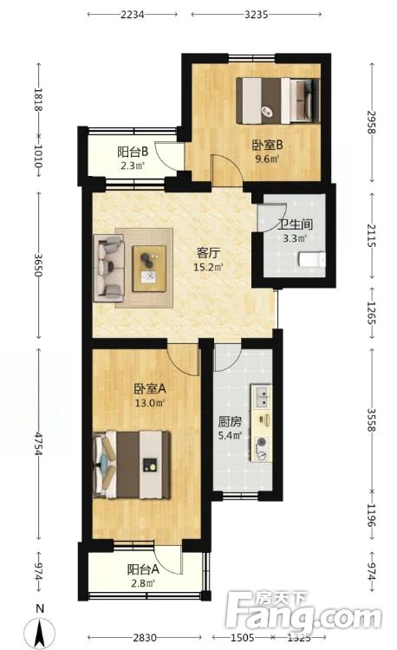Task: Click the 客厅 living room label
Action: [207, 253]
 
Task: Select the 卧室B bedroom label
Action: [264, 145]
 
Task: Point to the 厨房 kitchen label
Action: [230, 426]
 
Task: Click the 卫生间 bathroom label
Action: [295, 224]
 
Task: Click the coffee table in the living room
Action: [149, 265]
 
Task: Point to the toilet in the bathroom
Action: [310, 258]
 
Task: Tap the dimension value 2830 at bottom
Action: [144, 639]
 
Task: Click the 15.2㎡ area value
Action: [208, 268]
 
